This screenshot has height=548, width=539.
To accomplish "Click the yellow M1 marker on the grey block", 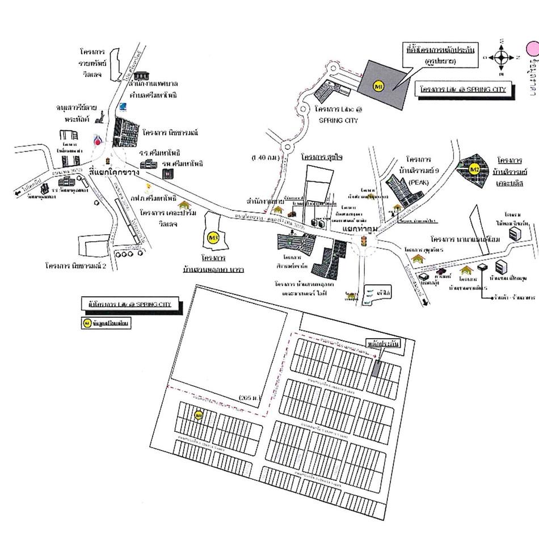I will pyautogui.click(x=380, y=86).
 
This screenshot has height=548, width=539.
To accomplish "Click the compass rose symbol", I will pyautogui.click(x=502, y=57).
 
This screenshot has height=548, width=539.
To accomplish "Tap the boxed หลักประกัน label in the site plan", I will pyautogui.click(x=385, y=344).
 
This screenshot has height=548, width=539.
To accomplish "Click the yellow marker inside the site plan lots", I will pyautogui.click(x=199, y=416).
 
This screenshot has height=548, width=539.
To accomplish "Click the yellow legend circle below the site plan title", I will pyautogui.click(x=87, y=323).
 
